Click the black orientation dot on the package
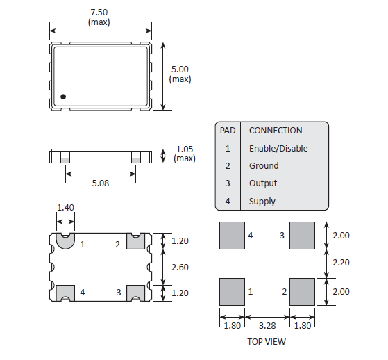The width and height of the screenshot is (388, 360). pos(63,97)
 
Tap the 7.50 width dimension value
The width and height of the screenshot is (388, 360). pos(99,12)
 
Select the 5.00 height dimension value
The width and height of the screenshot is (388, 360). pos(180,69)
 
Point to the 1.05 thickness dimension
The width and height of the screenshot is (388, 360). pos(185,149)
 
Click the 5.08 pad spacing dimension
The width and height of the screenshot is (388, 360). pos(101,183)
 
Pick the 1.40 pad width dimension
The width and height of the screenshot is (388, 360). pos(65,208)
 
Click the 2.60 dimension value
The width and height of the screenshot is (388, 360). pos(180,268)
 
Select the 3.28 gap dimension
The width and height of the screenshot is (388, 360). pos(267,326)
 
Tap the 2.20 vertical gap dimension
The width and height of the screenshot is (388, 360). pos(341,263)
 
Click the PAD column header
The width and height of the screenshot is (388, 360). pos(228,131)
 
